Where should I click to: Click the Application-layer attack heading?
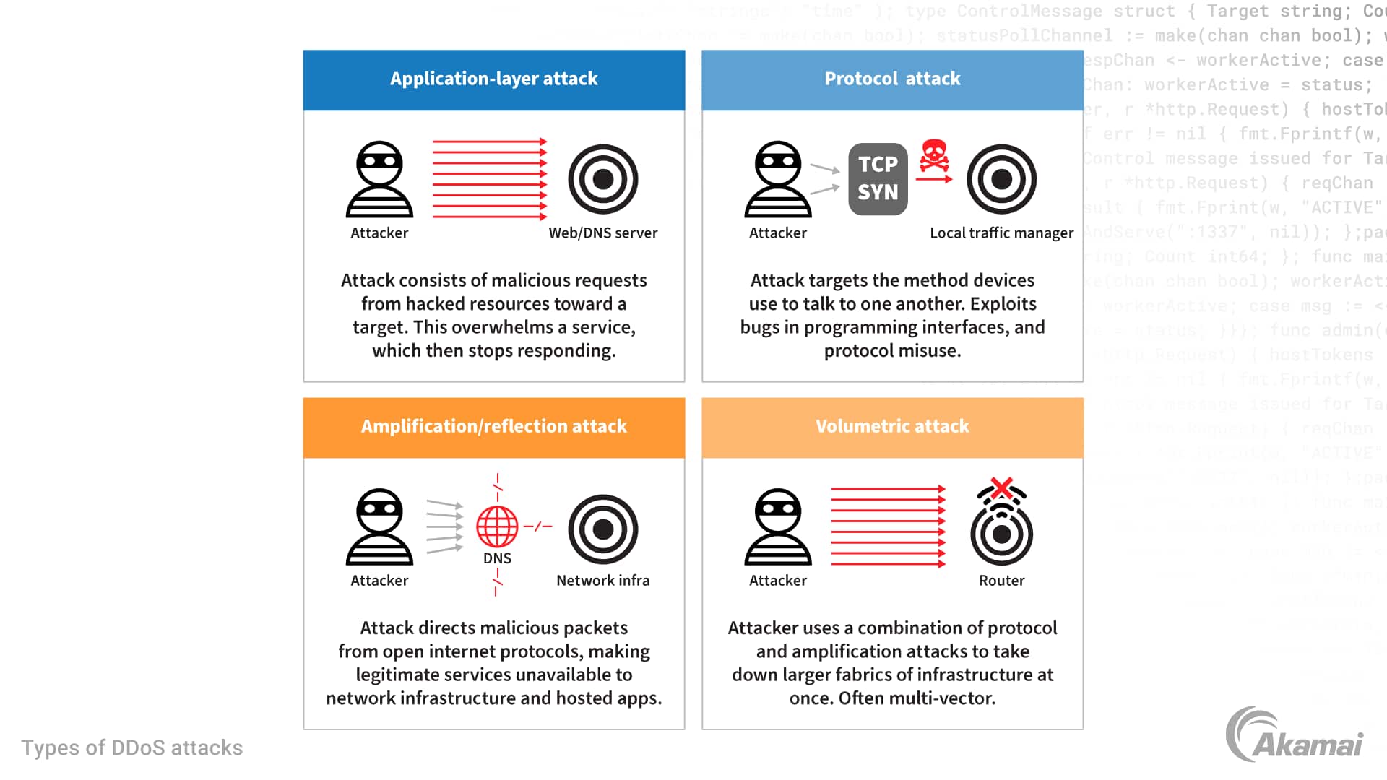tap(493, 79)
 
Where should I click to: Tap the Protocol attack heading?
tap(892, 79)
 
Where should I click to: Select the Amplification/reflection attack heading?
tap(493, 426)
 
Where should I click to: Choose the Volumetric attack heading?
tap(892, 426)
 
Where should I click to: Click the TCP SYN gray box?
tap(878, 178)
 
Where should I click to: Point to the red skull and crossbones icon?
tap(933, 155)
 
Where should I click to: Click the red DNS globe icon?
tap(497, 526)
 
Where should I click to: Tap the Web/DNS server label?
tap(602, 233)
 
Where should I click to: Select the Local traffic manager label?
tap(1001, 233)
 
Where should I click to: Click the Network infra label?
tap(602, 580)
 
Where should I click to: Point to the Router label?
tap(1001, 580)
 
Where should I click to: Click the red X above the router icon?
tap(1001, 488)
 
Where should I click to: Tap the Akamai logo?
tap(1294, 736)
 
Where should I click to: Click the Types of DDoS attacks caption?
tap(131, 747)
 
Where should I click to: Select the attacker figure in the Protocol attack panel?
tap(777, 179)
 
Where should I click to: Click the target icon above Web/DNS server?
tap(602, 179)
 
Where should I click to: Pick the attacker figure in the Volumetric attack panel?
tap(777, 526)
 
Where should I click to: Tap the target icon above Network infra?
tap(602, 529)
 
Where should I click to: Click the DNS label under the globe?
tap(497, 558)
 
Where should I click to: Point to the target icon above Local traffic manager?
tap(1001, 179)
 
